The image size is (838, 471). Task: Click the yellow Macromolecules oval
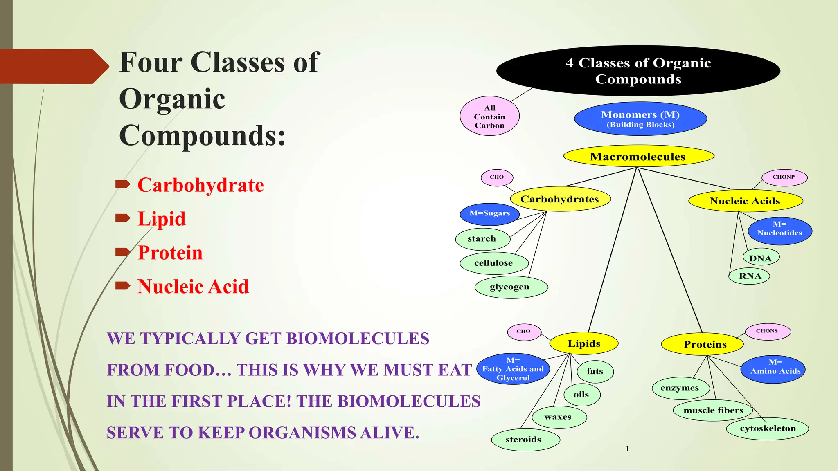pyautogui.click(x=638, y=156)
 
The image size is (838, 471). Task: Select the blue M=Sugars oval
pyautogui.click(x=489, y=213)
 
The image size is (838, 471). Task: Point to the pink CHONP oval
pyautogui.click(x=784, y=177)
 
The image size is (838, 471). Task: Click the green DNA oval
pyautogui.click(x=761, y=258)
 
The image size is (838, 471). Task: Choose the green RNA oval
pyautogui.click(x=749, y=276)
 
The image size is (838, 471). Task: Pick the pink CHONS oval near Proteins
pyautogui.click(x=767, y=331)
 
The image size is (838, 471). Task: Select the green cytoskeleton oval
pyautogui.click(x=767, y=428)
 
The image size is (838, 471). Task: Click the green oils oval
pyautogui.click(x=581, y=395)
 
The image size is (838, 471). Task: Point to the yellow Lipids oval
pyautogui.click(x=584, y=343)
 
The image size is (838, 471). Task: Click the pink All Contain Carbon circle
pyautogui.click(x=489, y=117)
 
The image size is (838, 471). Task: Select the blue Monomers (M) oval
pyautogui.click(x=640, y=119)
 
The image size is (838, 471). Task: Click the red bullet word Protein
pyautogui.click(x=170, y=253)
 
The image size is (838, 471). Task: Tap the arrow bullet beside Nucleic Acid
pyautogui.click(x=122, y=285)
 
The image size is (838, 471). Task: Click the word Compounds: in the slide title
pyautogui.click(x=202, y=136)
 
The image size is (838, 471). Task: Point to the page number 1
pyautogui.click(x=627, y=449)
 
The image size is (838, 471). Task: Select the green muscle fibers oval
pyautogui.click(x=713, y=410)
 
